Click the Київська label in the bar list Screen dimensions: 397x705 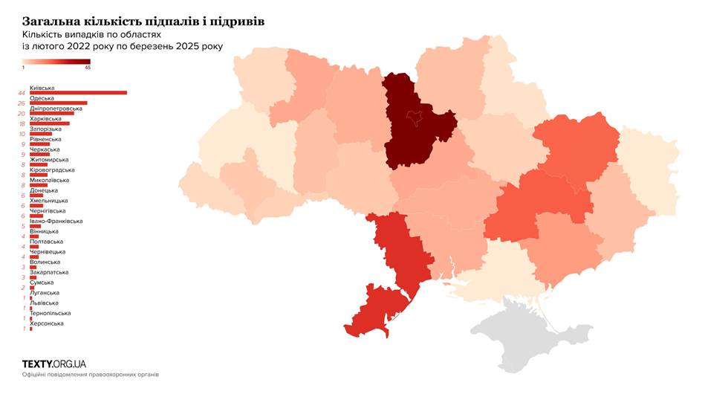[42, 88]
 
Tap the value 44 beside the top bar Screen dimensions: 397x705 [22, 93]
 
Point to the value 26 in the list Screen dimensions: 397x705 [22, 103]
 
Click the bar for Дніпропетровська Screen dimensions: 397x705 [51, 113]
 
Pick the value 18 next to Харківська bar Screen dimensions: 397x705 [22, 123]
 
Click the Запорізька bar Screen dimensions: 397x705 [40, 134]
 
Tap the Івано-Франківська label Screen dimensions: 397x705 [56, 221]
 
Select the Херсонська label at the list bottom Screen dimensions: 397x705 [46, 323]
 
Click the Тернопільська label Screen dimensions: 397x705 [50, 313]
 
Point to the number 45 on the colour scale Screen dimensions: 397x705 [88, 68]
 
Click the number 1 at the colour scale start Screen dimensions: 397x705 [23, 68]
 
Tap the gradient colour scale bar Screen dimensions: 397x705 [56, 62]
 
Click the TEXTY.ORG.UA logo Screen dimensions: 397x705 [54, 364]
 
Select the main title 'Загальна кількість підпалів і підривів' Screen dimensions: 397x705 [143, 22]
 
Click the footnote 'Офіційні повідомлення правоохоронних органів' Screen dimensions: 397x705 [90, 375]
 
